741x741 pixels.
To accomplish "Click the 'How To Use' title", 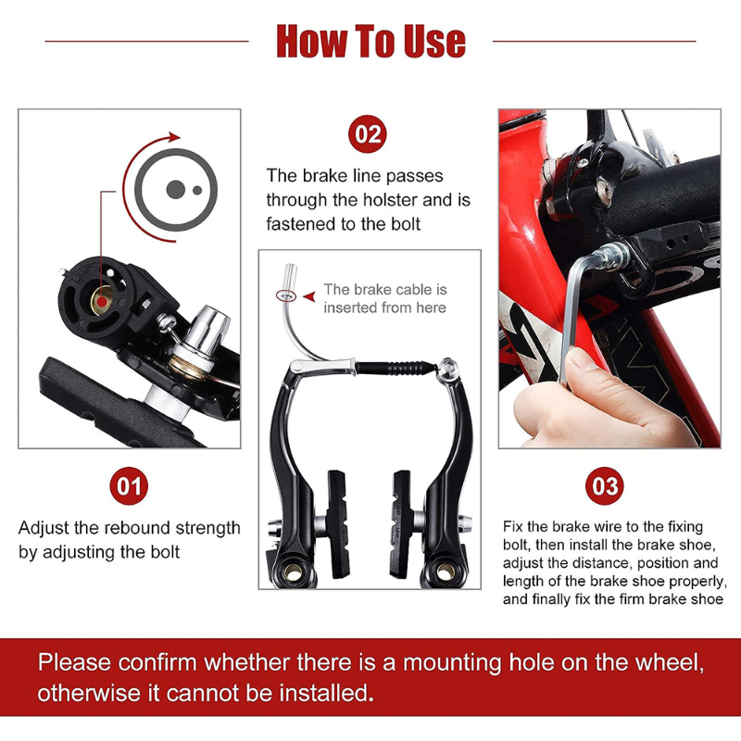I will (370, 41).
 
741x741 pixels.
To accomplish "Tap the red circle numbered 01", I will (129, 486).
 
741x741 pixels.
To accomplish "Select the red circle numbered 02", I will (368, 135).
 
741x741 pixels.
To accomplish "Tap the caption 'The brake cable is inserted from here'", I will (384, 298).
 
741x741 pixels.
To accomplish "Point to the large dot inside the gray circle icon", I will (173, 189).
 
